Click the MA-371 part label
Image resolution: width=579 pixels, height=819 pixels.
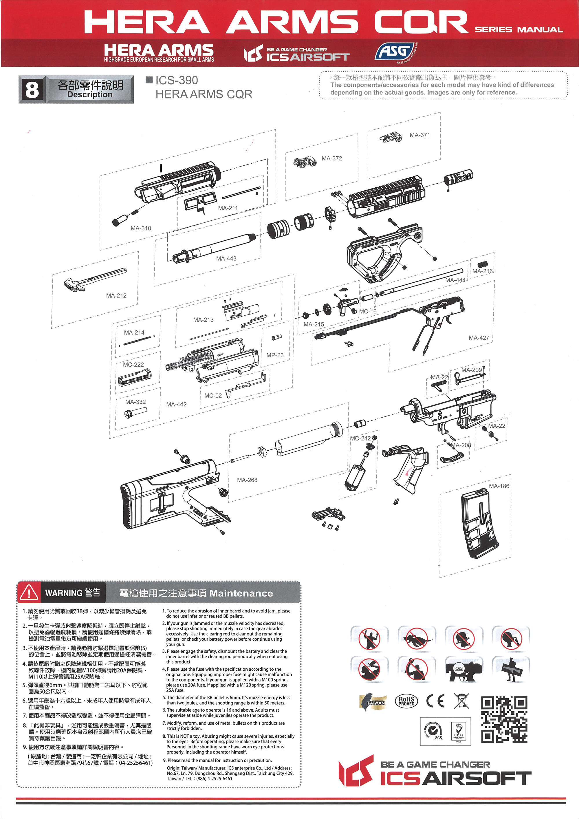pyautogui.click(x=420, y=135)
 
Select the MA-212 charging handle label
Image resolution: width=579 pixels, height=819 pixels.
pyautogui.click(x=116, y=295)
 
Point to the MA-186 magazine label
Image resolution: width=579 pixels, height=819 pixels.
pyautogui.click(x=499, y=486)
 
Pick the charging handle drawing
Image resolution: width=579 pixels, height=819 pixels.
pyautogui.click(x=95, y=279)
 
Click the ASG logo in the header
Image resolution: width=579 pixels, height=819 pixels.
pyautogui.click(x=396, y=52)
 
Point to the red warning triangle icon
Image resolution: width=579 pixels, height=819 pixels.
pyautogui.click(x=29, y=593)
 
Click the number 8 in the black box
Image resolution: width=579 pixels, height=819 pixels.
pyautogui.click(x=32, y=89)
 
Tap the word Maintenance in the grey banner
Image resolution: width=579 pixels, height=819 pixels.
pyautogui.click(x=241, y=593)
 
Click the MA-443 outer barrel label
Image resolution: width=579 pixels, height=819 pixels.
pyautogui.click(x=226, y=258)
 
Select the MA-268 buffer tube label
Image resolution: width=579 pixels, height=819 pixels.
pyautogui.click(x=247, y=480)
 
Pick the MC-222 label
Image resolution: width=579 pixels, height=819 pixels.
pyautogui.click(x=133, y=365)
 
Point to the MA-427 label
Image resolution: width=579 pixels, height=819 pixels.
pyautogui.click(x=479, y=337)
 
